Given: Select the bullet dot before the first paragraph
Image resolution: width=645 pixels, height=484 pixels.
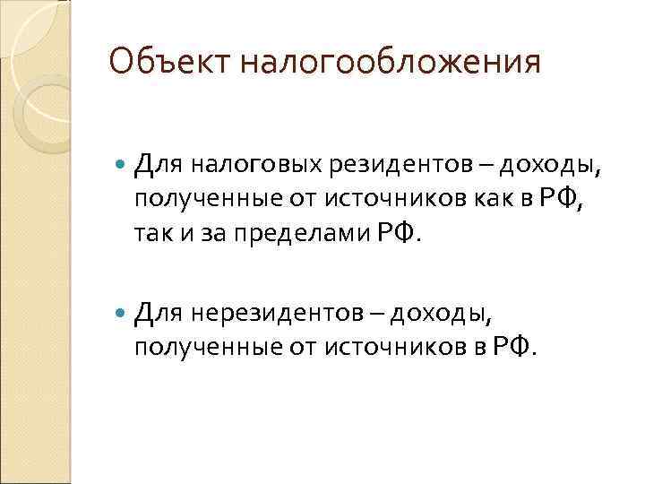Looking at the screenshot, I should click(x=122, y=165).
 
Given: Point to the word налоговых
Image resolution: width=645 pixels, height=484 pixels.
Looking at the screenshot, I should click(x=238, y=165).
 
